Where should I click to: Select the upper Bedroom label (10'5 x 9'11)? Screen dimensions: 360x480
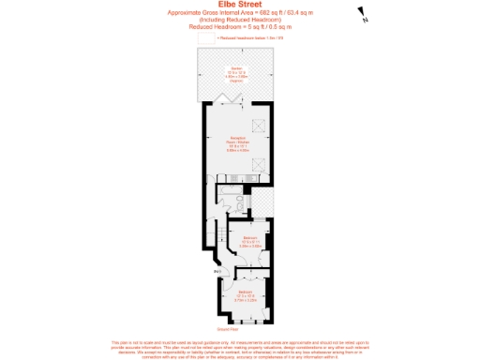[250, 241]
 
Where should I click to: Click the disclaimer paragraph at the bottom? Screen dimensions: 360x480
[239, 349]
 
